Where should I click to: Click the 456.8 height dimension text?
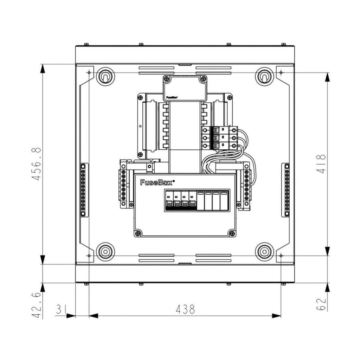tap(36, 164)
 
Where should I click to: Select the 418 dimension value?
tap(321, 164)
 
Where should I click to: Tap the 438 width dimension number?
tap(185, 309)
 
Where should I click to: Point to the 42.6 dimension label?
tap(36, 305)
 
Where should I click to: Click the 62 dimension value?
tap(321, 304)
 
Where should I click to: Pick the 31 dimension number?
tap(61, 309)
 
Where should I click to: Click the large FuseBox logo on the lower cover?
tap(157, 182)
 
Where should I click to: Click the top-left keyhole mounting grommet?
tap(105, 77)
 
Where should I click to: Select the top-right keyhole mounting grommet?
tap(264, 77)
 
